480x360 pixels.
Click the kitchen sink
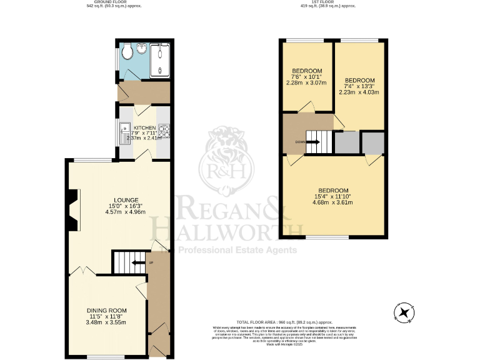123,133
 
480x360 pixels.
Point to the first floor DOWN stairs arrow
313,142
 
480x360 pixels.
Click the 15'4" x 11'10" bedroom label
333,190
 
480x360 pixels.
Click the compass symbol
404,311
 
